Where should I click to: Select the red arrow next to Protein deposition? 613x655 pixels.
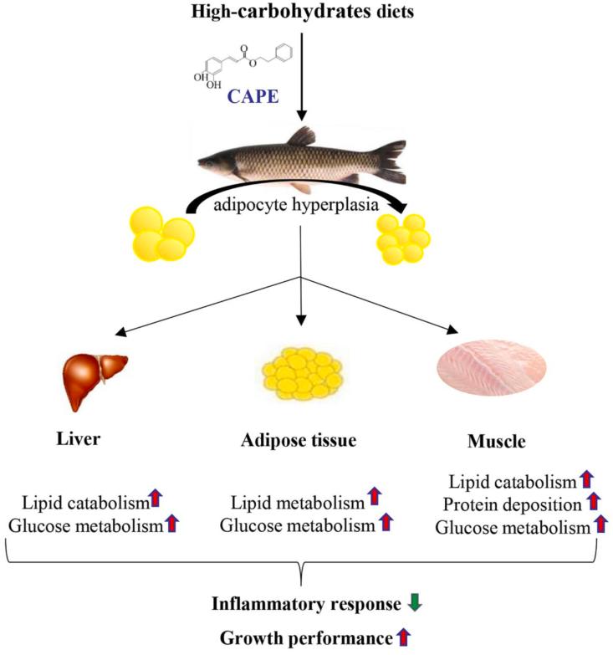click(593, 503)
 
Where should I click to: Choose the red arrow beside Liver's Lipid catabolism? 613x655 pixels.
click(156, 501)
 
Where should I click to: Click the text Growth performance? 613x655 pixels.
click(305, 639)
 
